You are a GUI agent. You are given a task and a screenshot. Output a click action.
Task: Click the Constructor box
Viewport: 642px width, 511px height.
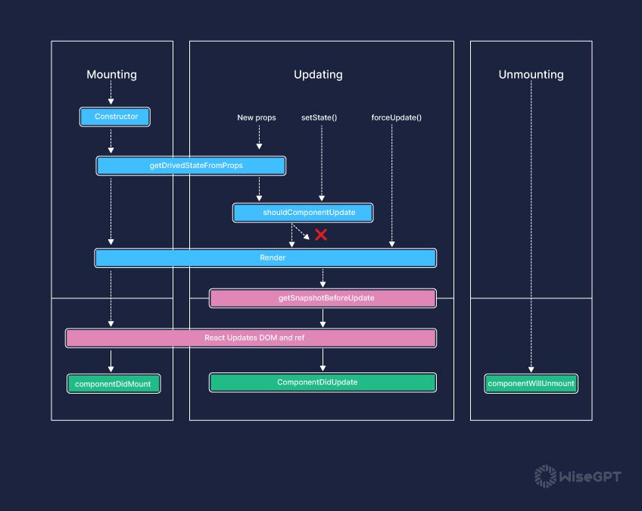[115, 117]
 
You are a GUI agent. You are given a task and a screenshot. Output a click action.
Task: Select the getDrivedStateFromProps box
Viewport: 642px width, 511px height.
[191, 165]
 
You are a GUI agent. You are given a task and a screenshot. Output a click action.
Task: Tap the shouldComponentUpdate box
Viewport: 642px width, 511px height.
[304, 213]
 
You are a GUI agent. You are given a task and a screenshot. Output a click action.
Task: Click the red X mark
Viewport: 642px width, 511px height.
[321, 235]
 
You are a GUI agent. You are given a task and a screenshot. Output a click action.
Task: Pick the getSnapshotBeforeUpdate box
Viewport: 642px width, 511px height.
[323, 298]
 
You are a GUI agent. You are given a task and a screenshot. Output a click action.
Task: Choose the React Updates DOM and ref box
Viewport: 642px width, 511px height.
[251, 338]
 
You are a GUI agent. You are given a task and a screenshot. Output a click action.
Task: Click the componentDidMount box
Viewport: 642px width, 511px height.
[113, 384]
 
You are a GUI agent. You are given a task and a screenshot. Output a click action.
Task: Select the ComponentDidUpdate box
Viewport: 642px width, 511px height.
[323, 382]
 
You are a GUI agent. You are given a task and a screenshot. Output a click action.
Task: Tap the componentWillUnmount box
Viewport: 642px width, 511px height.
[531, 383]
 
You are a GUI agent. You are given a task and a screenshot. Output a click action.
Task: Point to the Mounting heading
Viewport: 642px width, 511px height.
[111, 74]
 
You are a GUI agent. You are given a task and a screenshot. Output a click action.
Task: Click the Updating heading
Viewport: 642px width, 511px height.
[318, 74]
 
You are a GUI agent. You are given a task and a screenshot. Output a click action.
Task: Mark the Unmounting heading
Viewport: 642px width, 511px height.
[531, 74]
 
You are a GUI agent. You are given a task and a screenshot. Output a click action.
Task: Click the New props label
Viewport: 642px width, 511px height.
[257, 117]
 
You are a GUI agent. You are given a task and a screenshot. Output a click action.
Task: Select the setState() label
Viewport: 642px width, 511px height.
[319, 117]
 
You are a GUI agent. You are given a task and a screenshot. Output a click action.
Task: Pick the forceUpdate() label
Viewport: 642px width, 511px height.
[397, 117]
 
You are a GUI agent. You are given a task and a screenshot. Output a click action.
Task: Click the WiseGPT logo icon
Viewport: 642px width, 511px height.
[545, 476]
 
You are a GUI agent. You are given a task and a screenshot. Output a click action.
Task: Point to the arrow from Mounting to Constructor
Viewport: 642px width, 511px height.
[111, 94]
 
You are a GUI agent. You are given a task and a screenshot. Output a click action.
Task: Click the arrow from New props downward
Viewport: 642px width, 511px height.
[259, 138]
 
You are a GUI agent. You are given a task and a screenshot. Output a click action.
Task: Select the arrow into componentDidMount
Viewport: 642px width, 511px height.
[111, 360]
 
